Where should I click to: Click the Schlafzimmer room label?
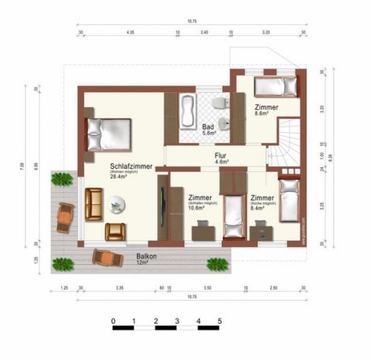130,166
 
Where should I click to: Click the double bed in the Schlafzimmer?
109,134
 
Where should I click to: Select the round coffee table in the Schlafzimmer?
116,205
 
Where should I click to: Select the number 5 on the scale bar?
220,321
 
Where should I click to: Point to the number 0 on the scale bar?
113,321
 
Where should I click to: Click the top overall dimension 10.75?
192,21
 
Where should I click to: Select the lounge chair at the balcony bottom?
106,258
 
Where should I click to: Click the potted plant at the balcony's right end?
216,263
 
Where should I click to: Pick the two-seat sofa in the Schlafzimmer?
94,204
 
